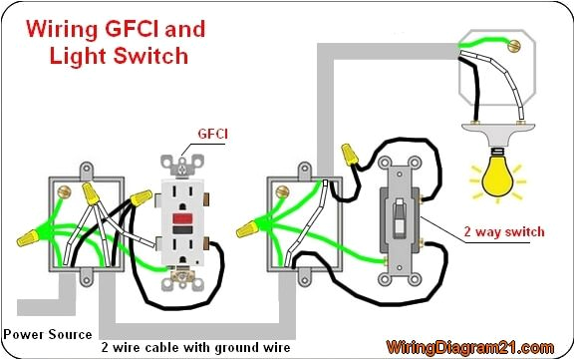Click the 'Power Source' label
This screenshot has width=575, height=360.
point(48,334)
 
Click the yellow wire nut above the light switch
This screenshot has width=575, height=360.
point(350,153)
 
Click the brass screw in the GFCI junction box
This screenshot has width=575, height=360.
point(66,187)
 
